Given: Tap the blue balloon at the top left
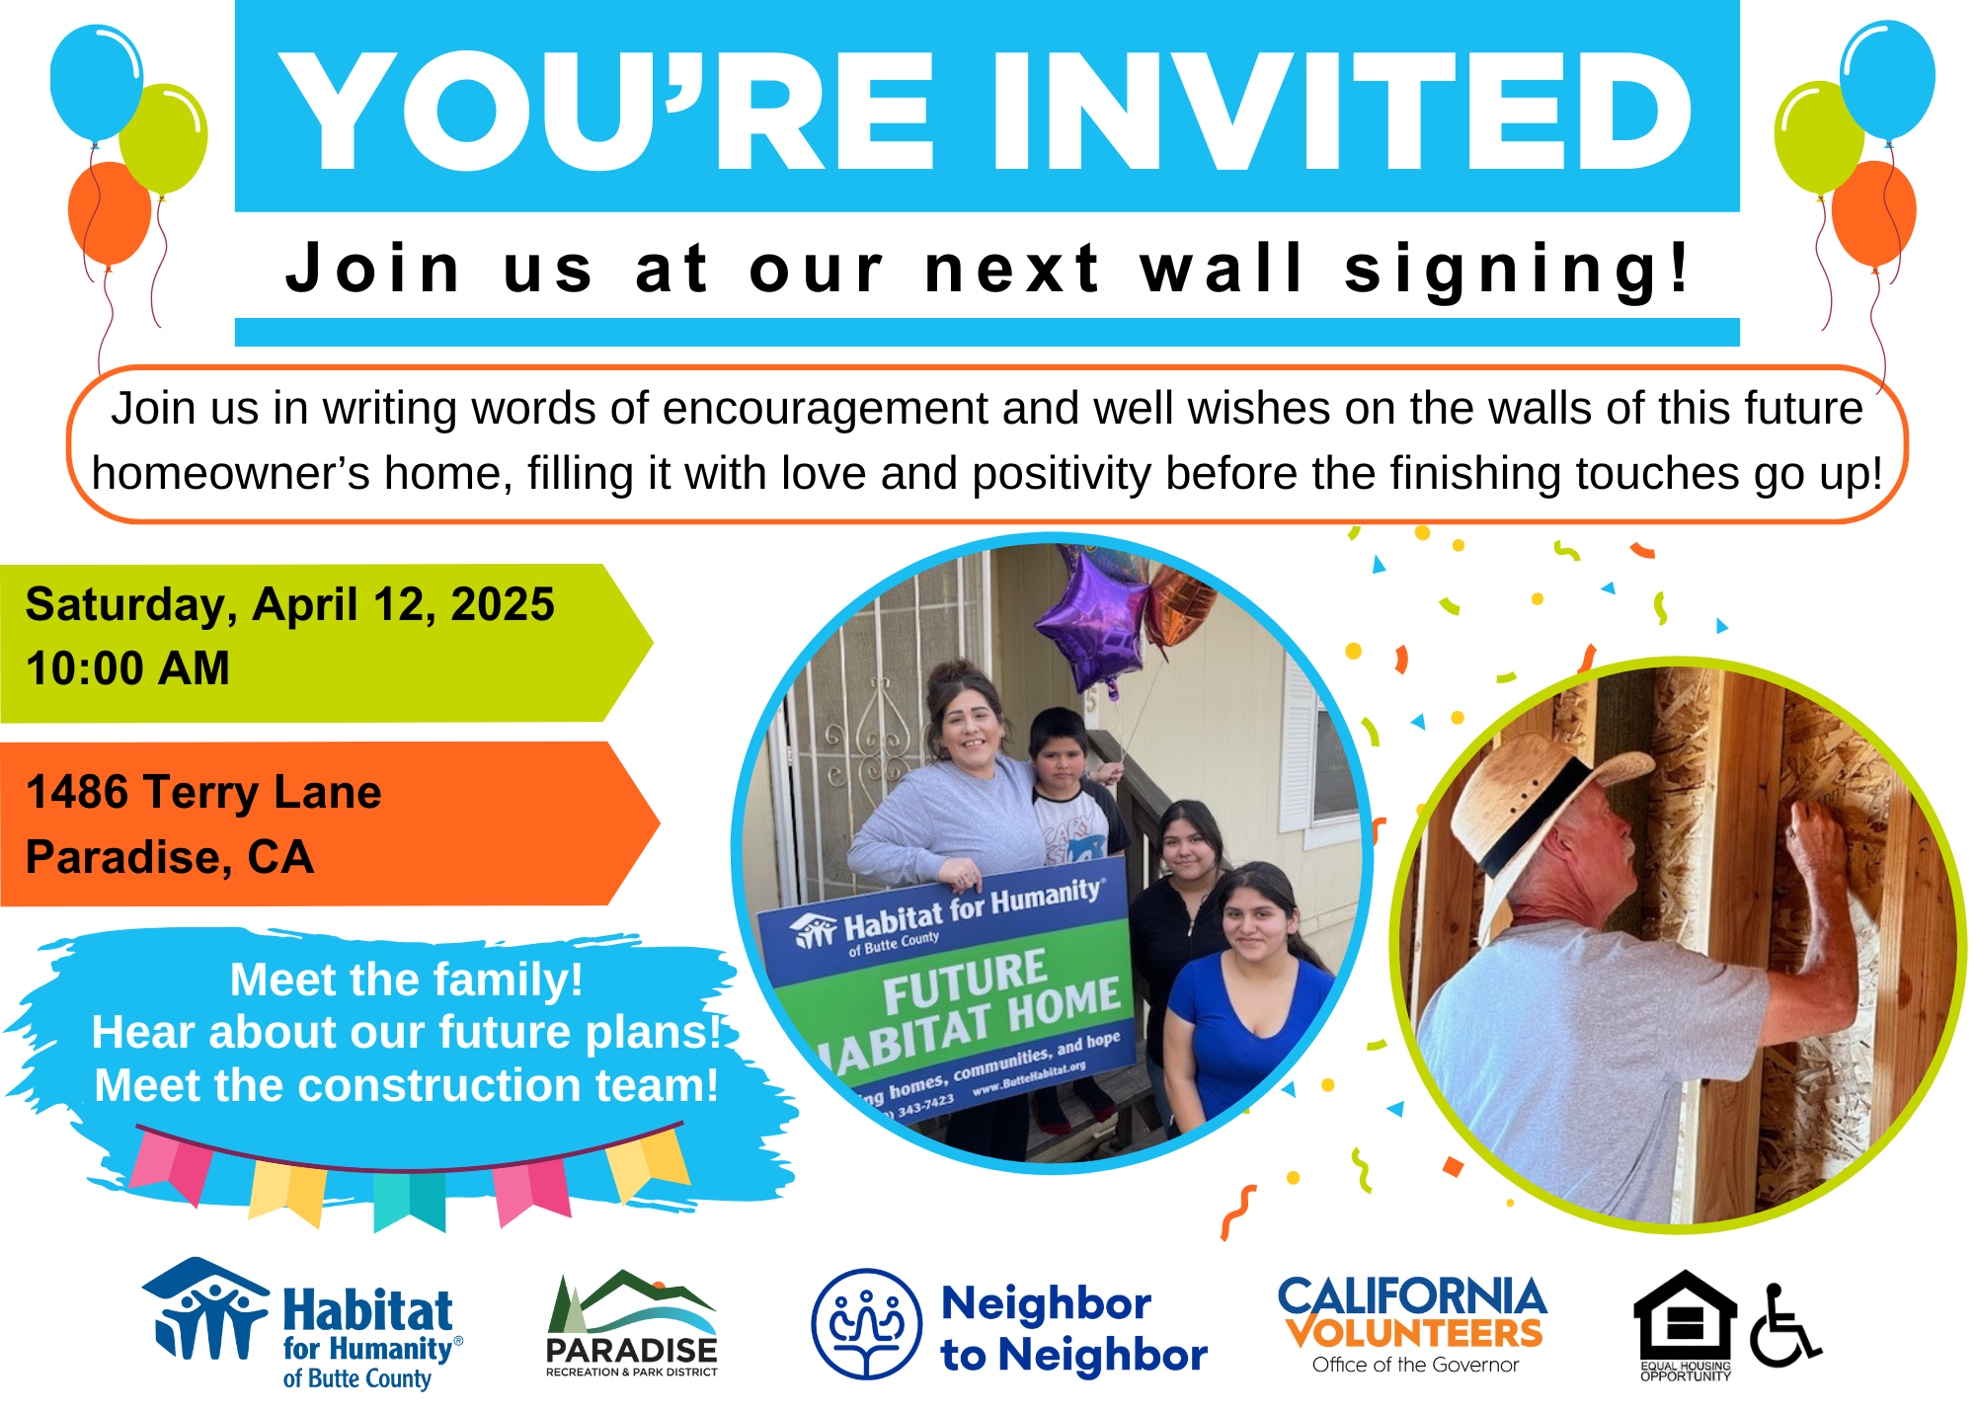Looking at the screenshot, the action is [96, 82].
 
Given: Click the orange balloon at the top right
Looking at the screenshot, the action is [1873, 213].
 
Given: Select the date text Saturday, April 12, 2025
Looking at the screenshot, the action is [290, 605].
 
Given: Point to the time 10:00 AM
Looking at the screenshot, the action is [127, 668].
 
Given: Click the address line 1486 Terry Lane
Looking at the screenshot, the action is [203, 792].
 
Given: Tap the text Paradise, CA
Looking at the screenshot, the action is [170, 857].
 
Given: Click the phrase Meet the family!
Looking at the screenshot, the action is [406, 980].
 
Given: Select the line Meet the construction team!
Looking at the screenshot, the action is [406, 1085].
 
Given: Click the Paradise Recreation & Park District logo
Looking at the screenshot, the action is [632, 1323].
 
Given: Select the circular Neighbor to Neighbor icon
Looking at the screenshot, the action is [867, 1324].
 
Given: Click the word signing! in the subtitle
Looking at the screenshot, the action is [1519, 270].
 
